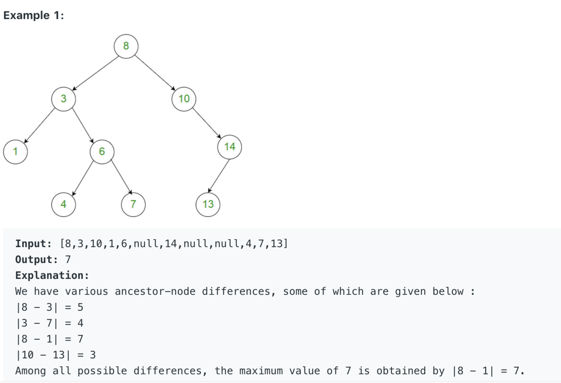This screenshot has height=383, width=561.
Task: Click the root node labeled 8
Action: [126, 46]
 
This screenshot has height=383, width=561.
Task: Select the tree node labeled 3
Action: [64, 99]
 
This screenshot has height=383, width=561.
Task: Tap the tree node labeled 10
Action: [184, 99]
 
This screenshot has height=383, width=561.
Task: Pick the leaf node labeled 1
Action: [16, 151]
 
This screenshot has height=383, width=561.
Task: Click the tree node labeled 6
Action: [102, 151]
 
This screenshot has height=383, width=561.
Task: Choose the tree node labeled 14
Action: [230, 147]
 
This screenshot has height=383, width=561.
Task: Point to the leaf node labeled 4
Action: [64, 204]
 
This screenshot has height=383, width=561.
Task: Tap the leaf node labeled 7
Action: [133, 204]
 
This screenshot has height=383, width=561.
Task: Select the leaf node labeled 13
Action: [208, 204]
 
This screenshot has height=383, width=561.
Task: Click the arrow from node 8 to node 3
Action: [95, 73]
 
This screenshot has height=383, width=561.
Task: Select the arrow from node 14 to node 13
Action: [219, 176]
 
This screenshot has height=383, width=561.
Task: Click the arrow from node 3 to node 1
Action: [40, 125]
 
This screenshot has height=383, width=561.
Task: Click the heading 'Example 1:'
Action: [34, 16]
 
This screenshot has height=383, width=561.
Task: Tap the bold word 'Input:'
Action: [34, 244]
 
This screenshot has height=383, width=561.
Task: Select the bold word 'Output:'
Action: [37, 260]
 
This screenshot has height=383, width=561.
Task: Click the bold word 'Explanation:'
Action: [52, 275]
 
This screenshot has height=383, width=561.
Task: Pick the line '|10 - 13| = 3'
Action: [56, 355]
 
